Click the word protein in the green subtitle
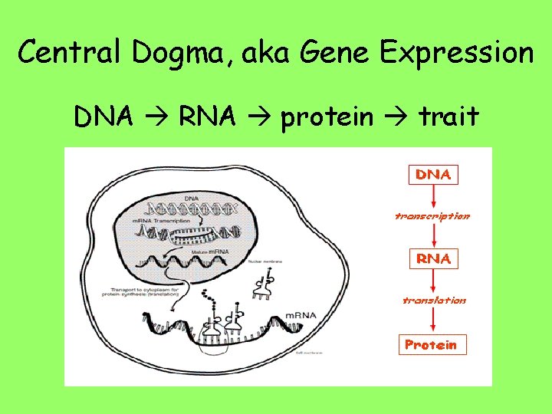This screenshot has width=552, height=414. (x=327, y=117)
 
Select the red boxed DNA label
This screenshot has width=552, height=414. (x=433, y=174)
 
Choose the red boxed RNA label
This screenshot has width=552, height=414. (x=433, y=258)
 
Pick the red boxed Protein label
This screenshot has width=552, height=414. (x=430, y=344)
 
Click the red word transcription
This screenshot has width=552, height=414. (x=432, y=216)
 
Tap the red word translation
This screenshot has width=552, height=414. (x=434, y=300)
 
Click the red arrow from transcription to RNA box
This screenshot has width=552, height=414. (x=434, y=235)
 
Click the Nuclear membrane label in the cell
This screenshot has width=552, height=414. (x=266, y=261)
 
